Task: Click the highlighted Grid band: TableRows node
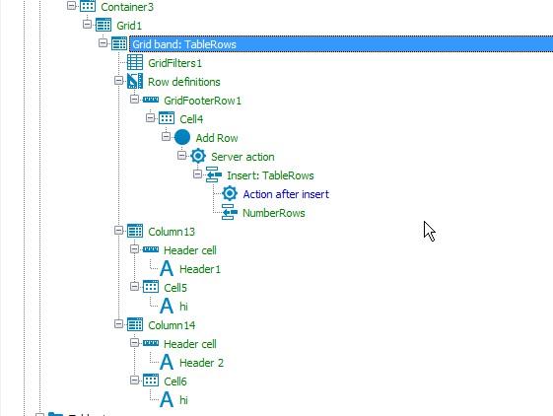click(184, 44)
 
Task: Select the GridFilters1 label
click(174, 63)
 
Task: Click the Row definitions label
click(184, 82)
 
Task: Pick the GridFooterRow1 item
click(202, 101)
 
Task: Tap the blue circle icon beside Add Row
click(182, 137)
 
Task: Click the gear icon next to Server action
click(198, 156)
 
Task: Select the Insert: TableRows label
click(270, 175)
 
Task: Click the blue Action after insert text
click(286, 194)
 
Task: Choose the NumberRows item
click(274, 213)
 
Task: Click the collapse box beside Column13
click(119, 231)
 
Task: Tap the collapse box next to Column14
click(119, 324)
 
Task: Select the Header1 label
click(200, 269)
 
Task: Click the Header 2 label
click(201, 363)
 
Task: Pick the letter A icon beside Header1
click(167, 269)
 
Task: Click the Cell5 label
click(175, 288)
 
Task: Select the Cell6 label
click(175, 381)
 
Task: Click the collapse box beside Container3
click(71, 6)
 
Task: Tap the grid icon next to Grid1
click(104, 25)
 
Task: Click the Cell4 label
click(191, 119)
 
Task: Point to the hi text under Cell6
click(183, 400)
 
